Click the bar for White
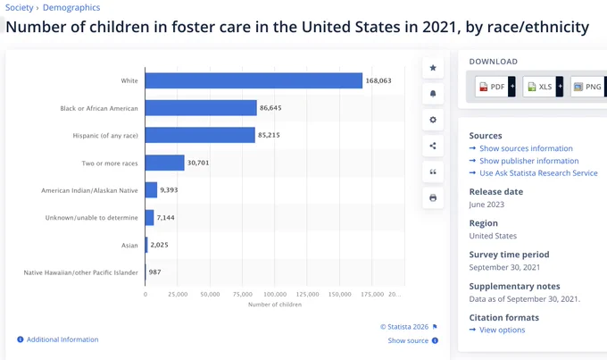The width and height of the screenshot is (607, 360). [254, 80]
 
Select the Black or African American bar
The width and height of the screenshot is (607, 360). [201, 108]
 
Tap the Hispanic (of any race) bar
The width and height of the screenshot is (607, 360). [200, 135]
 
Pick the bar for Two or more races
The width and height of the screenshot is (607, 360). [165, 163]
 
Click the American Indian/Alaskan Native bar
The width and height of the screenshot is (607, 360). [152, 190]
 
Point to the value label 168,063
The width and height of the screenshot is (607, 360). [378, 80]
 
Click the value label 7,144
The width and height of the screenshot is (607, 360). [166, 217]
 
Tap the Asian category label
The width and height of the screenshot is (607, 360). [129, 246]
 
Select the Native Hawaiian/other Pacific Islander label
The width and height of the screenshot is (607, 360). [81, 272]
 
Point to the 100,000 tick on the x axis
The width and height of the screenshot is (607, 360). [275, 295]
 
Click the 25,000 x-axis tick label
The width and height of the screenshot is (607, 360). [178, 295]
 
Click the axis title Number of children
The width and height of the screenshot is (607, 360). [275, 305]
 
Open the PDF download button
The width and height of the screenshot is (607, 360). [495, 87]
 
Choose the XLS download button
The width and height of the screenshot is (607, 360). [543, 87]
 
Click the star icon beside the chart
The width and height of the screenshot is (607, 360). [433, 68]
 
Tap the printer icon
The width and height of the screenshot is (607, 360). [433, 198]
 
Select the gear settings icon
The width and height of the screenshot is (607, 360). [433, 120]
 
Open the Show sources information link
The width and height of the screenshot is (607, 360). [526, 148]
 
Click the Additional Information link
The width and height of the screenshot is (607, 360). [62, 339]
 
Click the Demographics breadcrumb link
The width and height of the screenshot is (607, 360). [71, 7]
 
